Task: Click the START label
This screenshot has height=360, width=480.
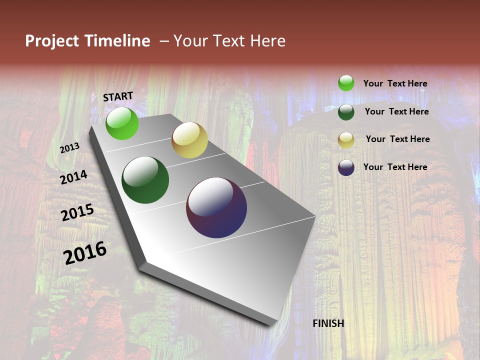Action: [x=118, y=96]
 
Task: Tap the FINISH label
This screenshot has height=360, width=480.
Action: [x=328, y=323]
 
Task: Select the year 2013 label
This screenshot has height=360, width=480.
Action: [x=70, y=148]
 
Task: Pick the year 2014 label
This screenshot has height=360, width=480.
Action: [x=74, y=177]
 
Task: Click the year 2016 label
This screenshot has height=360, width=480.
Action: [x=85, y=253]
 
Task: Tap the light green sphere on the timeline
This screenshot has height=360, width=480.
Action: [x=122, y=123]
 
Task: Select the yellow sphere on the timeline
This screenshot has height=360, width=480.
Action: [x=189, y=140]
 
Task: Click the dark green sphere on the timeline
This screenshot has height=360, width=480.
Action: [x=145, y=180]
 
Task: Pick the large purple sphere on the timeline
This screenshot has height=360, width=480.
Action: [x=216, y=207]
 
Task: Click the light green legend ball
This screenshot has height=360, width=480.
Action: [x=346, y=83]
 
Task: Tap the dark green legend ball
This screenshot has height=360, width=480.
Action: [x=346, y=111]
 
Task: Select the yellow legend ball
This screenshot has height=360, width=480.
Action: [x=346, y=140]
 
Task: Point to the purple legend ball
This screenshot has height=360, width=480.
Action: [x=346, y=167]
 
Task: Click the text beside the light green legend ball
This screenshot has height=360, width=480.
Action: [x=395, y=83]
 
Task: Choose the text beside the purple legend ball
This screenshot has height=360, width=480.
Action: [x=395, y=167]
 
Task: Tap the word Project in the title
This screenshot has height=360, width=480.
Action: [x=51, y=41]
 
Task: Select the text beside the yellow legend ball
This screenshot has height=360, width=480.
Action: [x=397, y=139]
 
